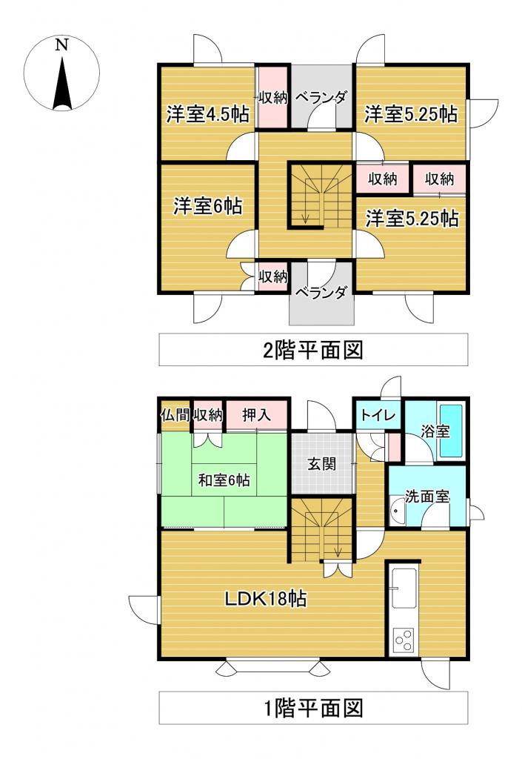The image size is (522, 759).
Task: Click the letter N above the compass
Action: pos(62,45)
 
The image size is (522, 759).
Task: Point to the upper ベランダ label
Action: pos(321,97)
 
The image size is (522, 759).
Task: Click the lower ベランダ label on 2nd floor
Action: pos(321,292)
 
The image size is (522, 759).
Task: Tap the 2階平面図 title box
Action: pos(313,349)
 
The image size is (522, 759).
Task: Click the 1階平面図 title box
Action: pos(313,708)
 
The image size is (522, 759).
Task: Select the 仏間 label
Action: pos(175,415)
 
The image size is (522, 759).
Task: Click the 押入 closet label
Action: pos(257,415)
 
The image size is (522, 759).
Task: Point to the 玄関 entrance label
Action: pos(321,465)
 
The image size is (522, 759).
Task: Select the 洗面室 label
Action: pos(427,497)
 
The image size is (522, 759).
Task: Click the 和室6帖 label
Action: pos(223,480)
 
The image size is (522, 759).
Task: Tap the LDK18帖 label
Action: pos(267,598)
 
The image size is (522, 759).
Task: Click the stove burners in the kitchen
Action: pos(404,639)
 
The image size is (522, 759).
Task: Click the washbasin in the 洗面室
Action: pos(397,511)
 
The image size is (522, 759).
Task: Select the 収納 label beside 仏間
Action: pos(208,415)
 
